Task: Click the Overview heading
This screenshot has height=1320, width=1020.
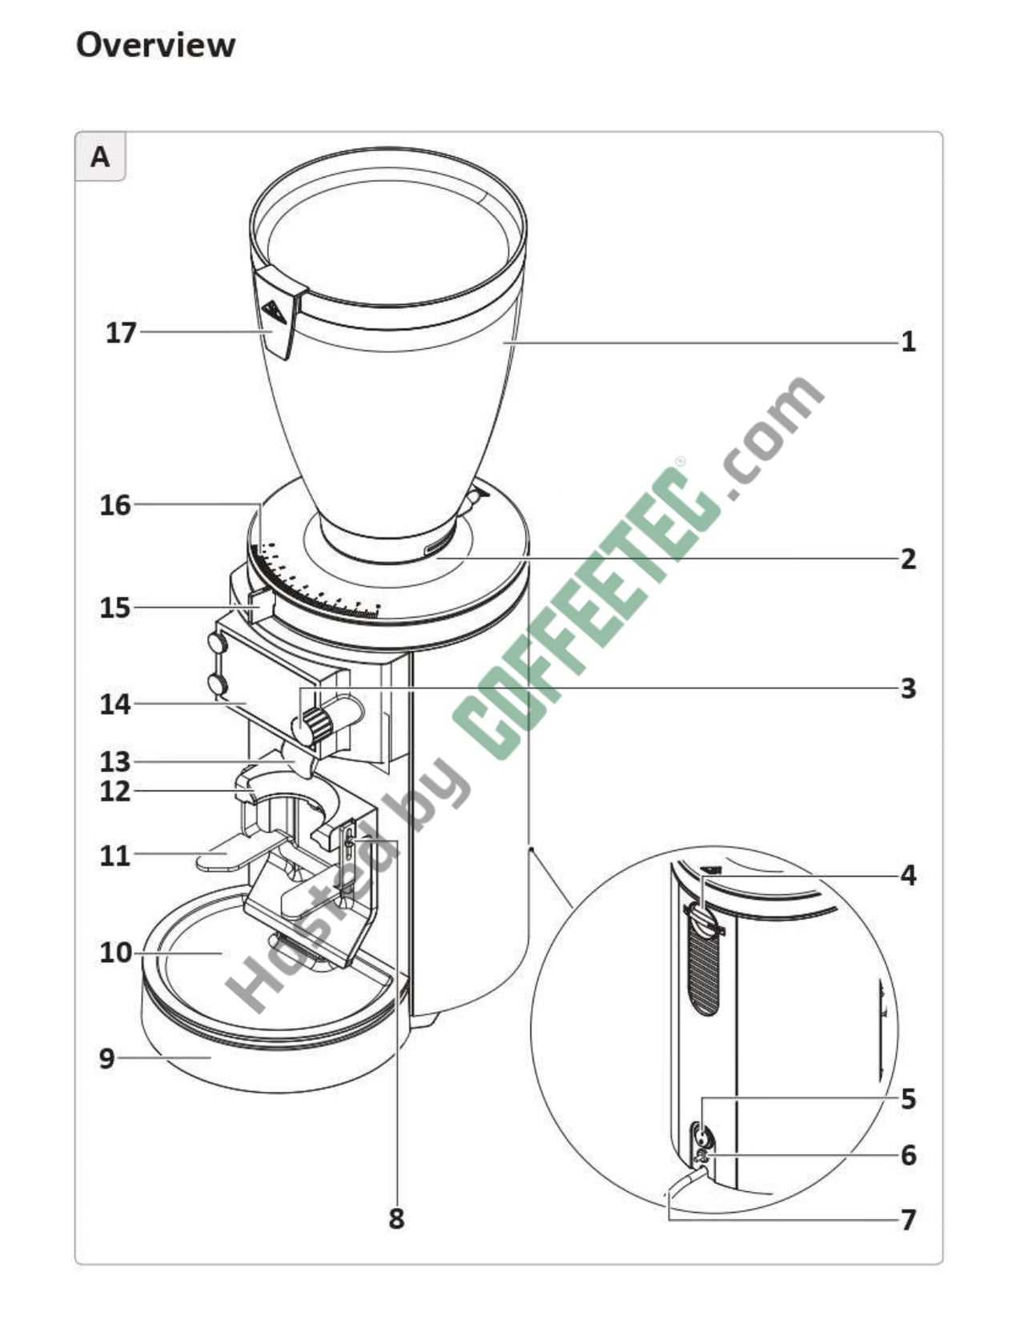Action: pos(155,45)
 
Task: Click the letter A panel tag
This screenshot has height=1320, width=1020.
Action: pos(100,157)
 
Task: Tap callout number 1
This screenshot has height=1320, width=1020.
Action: pos(908,343)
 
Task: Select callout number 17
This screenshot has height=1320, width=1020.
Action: pos(122,332)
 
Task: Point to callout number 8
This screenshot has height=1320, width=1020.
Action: pos(396,1219)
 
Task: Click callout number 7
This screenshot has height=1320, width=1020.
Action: pos(908,1220)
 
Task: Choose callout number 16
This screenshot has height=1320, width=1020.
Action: pos(115,505)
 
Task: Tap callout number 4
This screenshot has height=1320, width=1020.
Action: pos(908,875)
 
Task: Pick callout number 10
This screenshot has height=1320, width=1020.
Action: pos(115,953)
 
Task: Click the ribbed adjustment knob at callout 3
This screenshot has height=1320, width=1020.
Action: pos(317,724)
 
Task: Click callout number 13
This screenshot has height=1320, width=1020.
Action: pos(115,761)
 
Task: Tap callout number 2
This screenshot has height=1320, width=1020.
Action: pos(908,559)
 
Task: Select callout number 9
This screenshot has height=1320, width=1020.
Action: pos(107,1058)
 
